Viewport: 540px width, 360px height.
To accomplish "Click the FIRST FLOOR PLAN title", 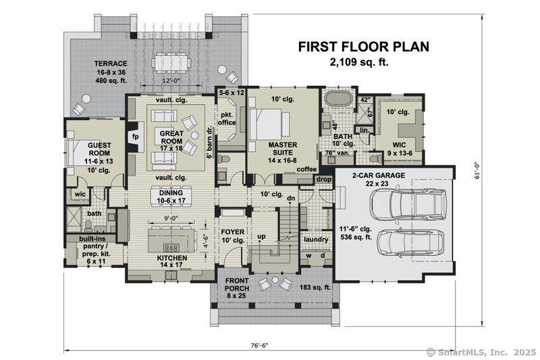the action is coord(364,47).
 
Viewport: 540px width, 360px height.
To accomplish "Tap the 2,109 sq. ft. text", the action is coord(359,62).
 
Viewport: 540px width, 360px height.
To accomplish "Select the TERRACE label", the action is coord(111,63).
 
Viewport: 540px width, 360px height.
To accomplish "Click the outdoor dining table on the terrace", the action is coord(172,63).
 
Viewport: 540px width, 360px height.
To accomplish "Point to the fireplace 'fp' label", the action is coord(136,136).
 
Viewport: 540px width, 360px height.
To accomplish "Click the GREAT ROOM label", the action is coord(171,137).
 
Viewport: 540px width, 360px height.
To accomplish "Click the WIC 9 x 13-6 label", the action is coord(400,149).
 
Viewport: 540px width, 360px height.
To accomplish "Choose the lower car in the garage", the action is coord(410,244).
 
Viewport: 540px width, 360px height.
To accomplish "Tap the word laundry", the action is coord(316,239).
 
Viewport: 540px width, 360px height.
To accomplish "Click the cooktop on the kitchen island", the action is coord(171,248).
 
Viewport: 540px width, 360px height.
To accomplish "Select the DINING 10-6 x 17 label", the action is coord(171,197).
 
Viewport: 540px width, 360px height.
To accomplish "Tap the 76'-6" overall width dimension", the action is coord(259,345).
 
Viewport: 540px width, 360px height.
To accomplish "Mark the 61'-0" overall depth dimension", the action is coord(477,171).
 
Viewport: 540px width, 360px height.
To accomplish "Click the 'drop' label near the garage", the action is coord(323,180).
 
